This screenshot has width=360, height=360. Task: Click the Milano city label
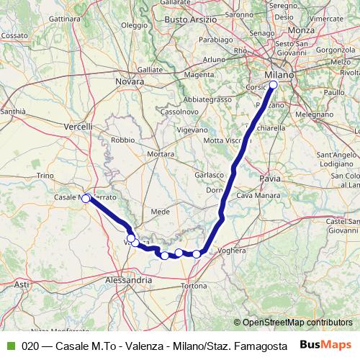click(x=279, y=74)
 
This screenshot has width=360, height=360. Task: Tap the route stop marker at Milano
click(x=273, y=85)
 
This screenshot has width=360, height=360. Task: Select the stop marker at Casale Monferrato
click(x=86, y=198)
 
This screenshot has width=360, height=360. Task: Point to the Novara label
click(x=130, y=83)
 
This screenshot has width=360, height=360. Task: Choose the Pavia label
click(x=270, y=176)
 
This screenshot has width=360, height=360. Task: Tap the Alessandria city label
click(x=128, y=279)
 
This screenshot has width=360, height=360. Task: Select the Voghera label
click(x=231, y=251)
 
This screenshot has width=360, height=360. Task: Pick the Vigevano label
click(x=192, y=130)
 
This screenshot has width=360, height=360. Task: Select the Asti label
click(x=22, y=285)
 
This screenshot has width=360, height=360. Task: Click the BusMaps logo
click(x=325, y=345)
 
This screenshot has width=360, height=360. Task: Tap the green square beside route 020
click(x=10, y=346)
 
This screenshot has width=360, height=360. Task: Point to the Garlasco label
click(x=209, y=175)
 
